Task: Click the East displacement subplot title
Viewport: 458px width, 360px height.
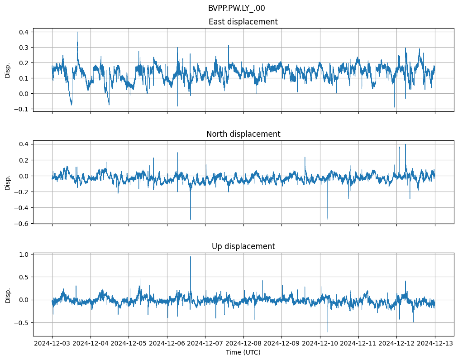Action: pyautogui.click(x=243, y=22)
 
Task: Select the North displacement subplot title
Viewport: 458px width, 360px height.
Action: pyautogui.click(x=243, y=134)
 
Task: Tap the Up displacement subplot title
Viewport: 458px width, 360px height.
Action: pyautogui.click(x=243, y=246)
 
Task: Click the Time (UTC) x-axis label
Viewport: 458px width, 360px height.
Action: pyautogui.click(x=243, y=352)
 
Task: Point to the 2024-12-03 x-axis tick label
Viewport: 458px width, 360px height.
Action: pyautogui.click(x=52, y=344)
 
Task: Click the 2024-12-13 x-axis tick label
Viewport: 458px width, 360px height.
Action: pyautogui.click(x=435, y=344)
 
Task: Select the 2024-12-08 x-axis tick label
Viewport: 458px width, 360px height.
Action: pyautogui.click(x=243, y=344)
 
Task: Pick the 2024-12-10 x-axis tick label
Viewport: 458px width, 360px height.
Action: pyautogui.click(x=320, y=344)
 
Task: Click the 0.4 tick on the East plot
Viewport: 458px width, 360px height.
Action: pyautogui.click(x=23, y=32)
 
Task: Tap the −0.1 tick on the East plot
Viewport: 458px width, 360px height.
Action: pyautogui.click(x=21, y=109)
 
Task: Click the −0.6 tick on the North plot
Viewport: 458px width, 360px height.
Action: pyautogui.click(x=21, y=224)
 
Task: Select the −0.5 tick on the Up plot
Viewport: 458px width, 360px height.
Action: pyautogui.click(x=21, y=323)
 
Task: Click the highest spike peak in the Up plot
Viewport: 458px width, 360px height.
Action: pyautogui.click(x=191, y=257)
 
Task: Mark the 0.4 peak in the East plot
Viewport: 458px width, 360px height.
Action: pyautogui.click(x=77, y=32)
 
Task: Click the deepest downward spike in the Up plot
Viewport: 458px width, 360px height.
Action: pyautogui.click(x=328, y=332)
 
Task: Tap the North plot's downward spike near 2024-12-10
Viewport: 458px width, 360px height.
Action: pyautogui.click(x=328, y=219)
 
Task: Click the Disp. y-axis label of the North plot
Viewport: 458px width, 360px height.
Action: pyautogui.click(x=8, y=182)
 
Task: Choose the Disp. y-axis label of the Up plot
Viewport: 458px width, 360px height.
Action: pyautogui.click(x=8, y=294)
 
